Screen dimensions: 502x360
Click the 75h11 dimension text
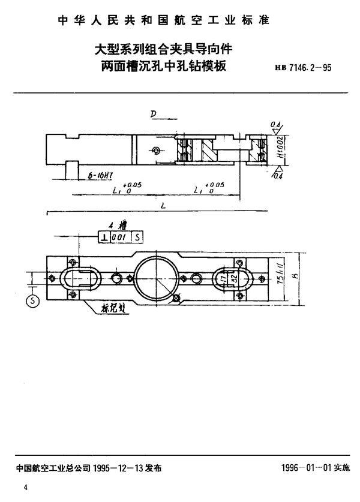click(x=290, y=278)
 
